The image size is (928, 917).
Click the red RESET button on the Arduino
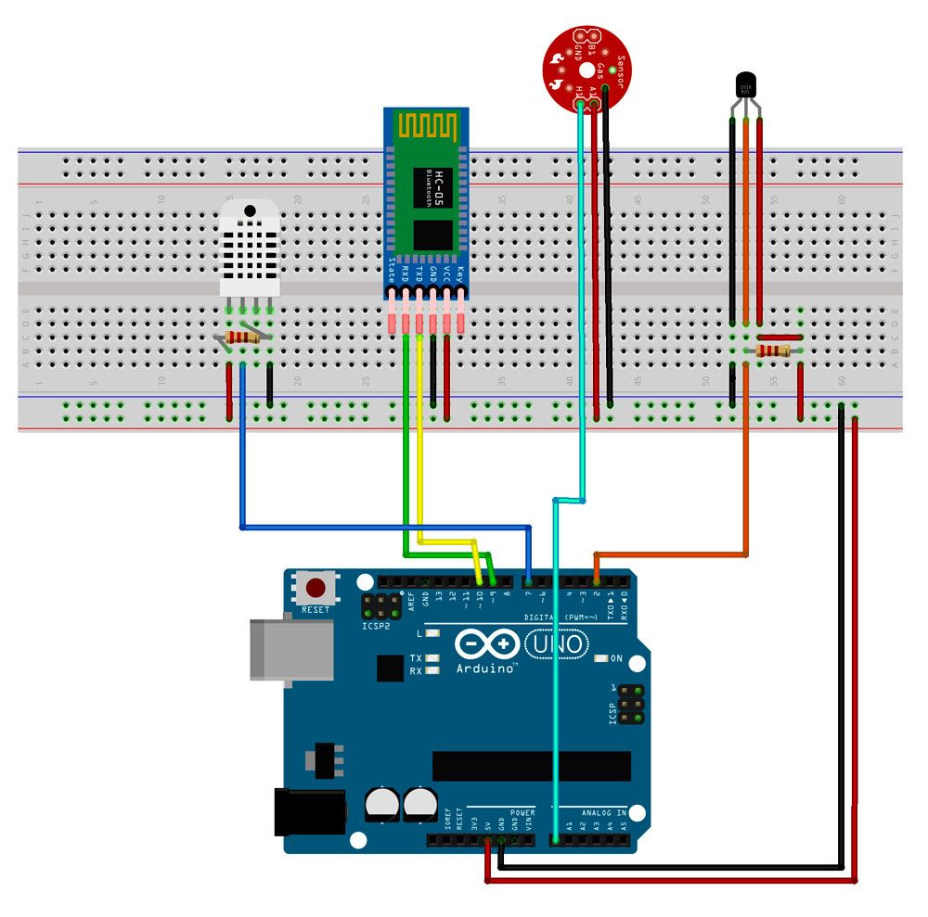pos(316,588)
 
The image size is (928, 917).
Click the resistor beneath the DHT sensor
pos(244,338)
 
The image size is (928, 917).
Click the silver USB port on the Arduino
pos(290,650)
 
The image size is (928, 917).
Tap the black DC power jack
pos(308,812)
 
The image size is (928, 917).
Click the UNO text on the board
pos(557,643)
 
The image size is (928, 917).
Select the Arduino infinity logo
pos(487,643)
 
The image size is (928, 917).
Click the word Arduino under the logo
pos(485,668)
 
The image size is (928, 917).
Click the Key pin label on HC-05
pos(459,274)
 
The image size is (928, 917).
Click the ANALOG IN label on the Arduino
pos(605,813)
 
